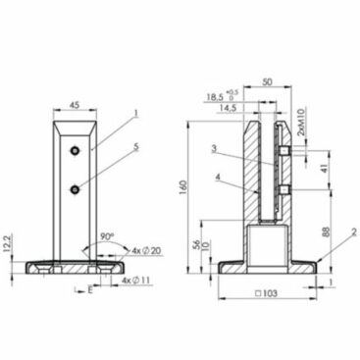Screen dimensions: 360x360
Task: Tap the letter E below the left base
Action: [90, 290]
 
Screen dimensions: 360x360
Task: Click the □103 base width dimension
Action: [269, 294]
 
